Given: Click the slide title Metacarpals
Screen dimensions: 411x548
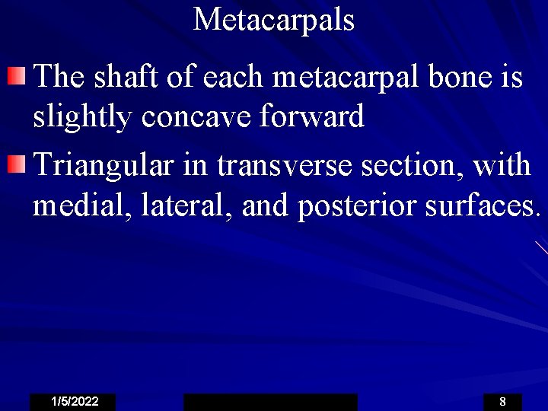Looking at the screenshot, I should click(274, 19).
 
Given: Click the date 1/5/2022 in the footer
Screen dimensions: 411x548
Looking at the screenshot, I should click(73, 402).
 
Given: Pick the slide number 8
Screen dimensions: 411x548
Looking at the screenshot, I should click(502, 402).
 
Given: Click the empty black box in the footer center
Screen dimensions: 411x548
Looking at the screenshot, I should click(270, 402).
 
